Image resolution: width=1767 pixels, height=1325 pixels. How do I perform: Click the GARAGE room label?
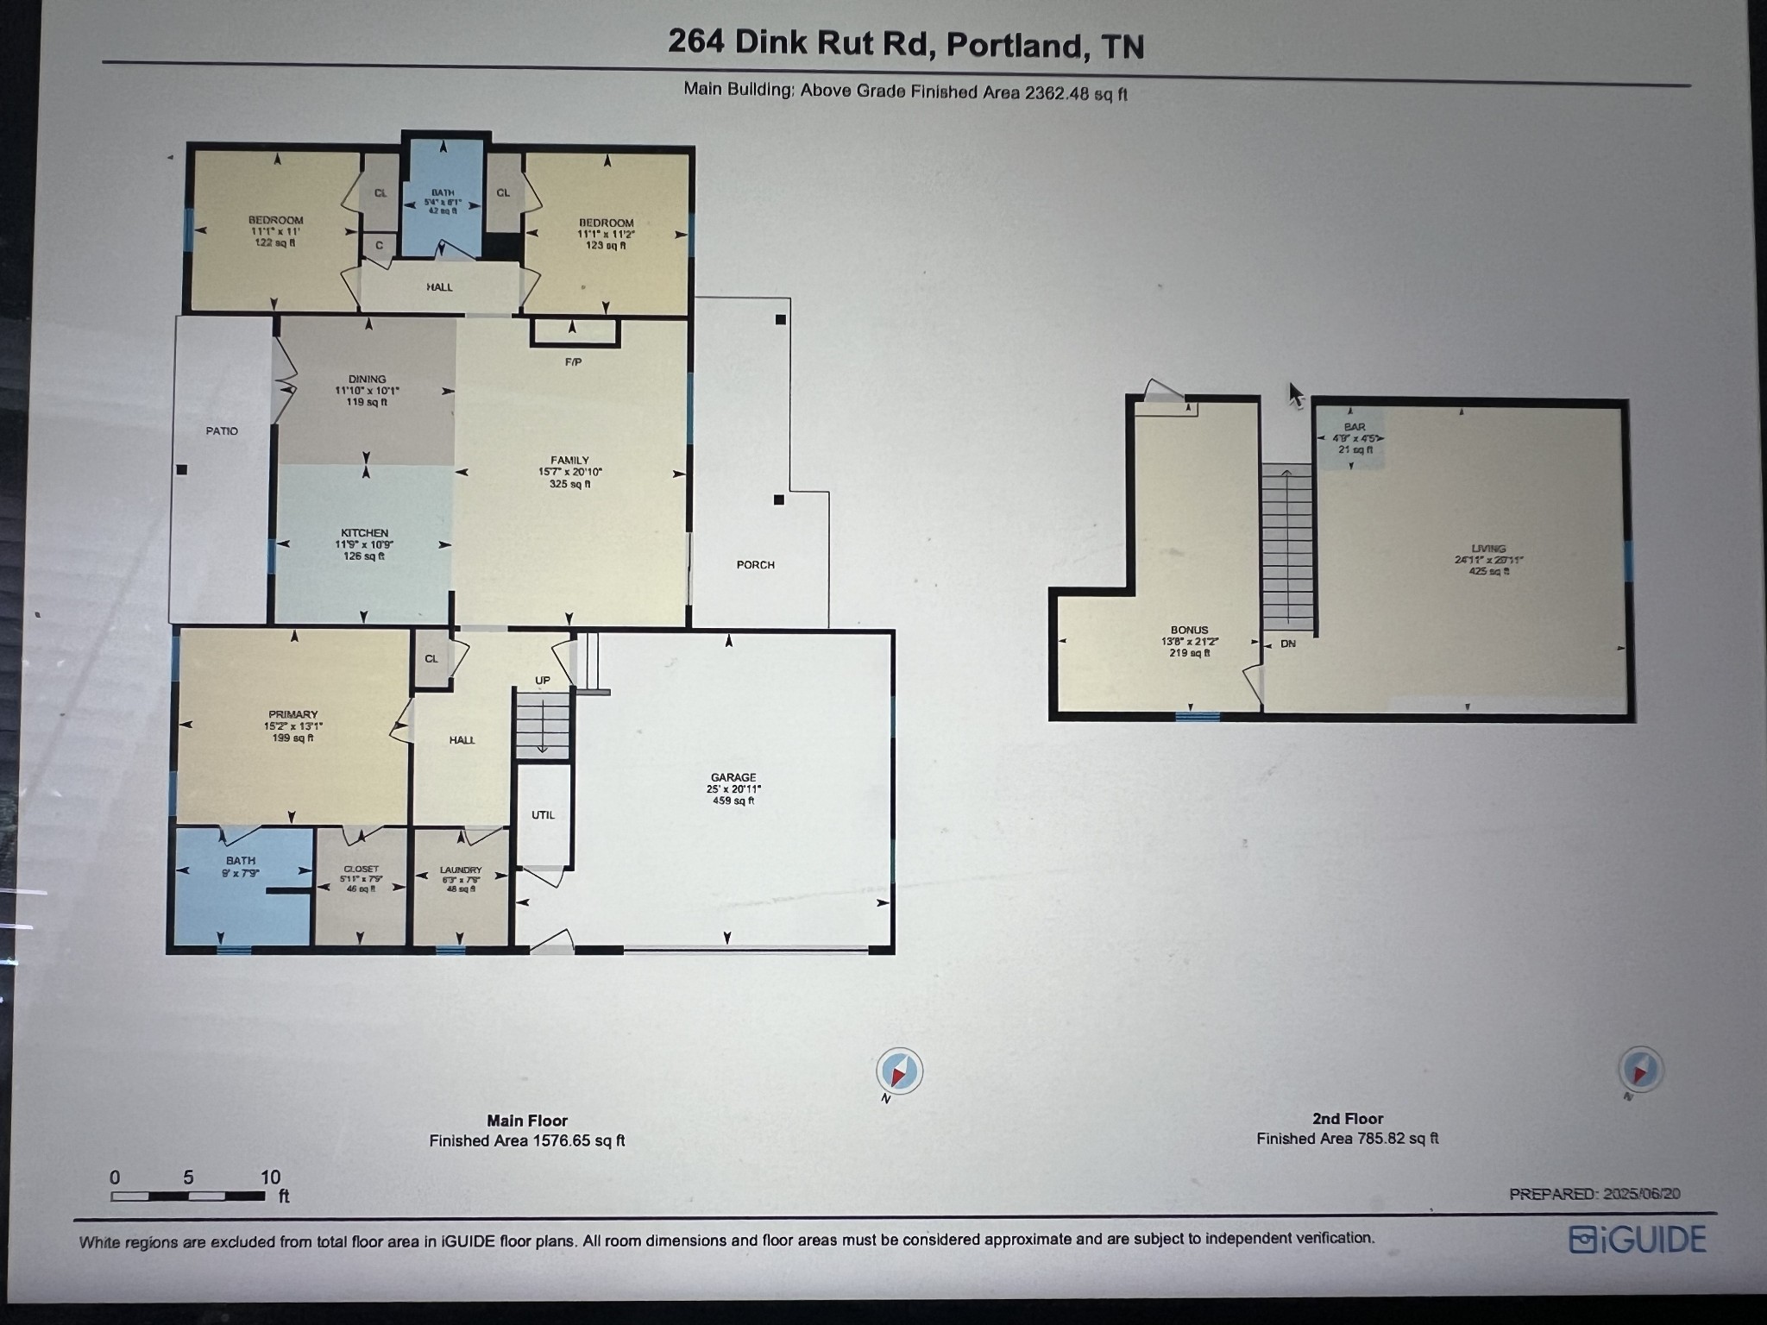733,777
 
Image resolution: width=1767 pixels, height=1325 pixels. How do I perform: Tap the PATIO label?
222,430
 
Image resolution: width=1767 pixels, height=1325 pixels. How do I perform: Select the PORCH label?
756,565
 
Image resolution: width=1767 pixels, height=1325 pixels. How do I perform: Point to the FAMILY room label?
570,461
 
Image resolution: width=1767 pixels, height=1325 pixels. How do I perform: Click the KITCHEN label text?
364,533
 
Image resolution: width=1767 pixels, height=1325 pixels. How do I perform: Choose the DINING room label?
368,379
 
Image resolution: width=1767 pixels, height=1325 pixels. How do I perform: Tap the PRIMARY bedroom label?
293,714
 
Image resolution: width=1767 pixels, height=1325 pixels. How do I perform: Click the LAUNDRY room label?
461,870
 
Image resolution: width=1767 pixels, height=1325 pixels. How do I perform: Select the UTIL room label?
544,815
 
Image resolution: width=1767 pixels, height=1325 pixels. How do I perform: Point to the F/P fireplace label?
574,362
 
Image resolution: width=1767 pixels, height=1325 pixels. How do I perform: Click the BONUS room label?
1190,631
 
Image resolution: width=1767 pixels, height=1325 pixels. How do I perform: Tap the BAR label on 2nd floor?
1355,427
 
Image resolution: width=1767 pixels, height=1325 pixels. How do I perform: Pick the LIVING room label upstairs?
1489,549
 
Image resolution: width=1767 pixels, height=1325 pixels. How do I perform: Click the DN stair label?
1288,644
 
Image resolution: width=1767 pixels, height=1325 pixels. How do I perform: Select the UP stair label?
543,681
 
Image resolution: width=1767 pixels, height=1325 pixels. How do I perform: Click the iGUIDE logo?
1638,1240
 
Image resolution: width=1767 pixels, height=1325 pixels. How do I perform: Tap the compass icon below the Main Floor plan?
899,1071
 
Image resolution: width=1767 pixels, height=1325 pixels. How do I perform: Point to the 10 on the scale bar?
271,1177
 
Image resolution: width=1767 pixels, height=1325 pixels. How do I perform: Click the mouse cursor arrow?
1296,395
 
